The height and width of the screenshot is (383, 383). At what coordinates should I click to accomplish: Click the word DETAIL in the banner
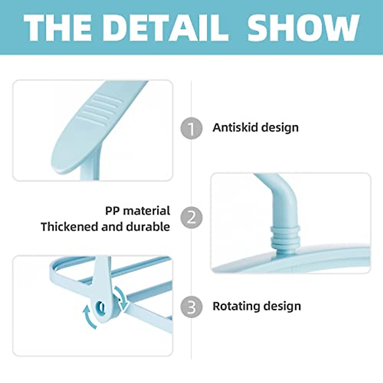(x=166, y=27)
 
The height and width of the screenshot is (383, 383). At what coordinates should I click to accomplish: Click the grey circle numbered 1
(x=191, y=128)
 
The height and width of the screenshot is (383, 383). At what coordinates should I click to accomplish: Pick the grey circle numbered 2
(x=191, y=217)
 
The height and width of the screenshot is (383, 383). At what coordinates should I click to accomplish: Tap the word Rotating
(x=235, y=306)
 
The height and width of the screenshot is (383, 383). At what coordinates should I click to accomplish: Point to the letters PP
(x=112, y=211)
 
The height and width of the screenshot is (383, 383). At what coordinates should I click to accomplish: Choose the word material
(x=146, y=211)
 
